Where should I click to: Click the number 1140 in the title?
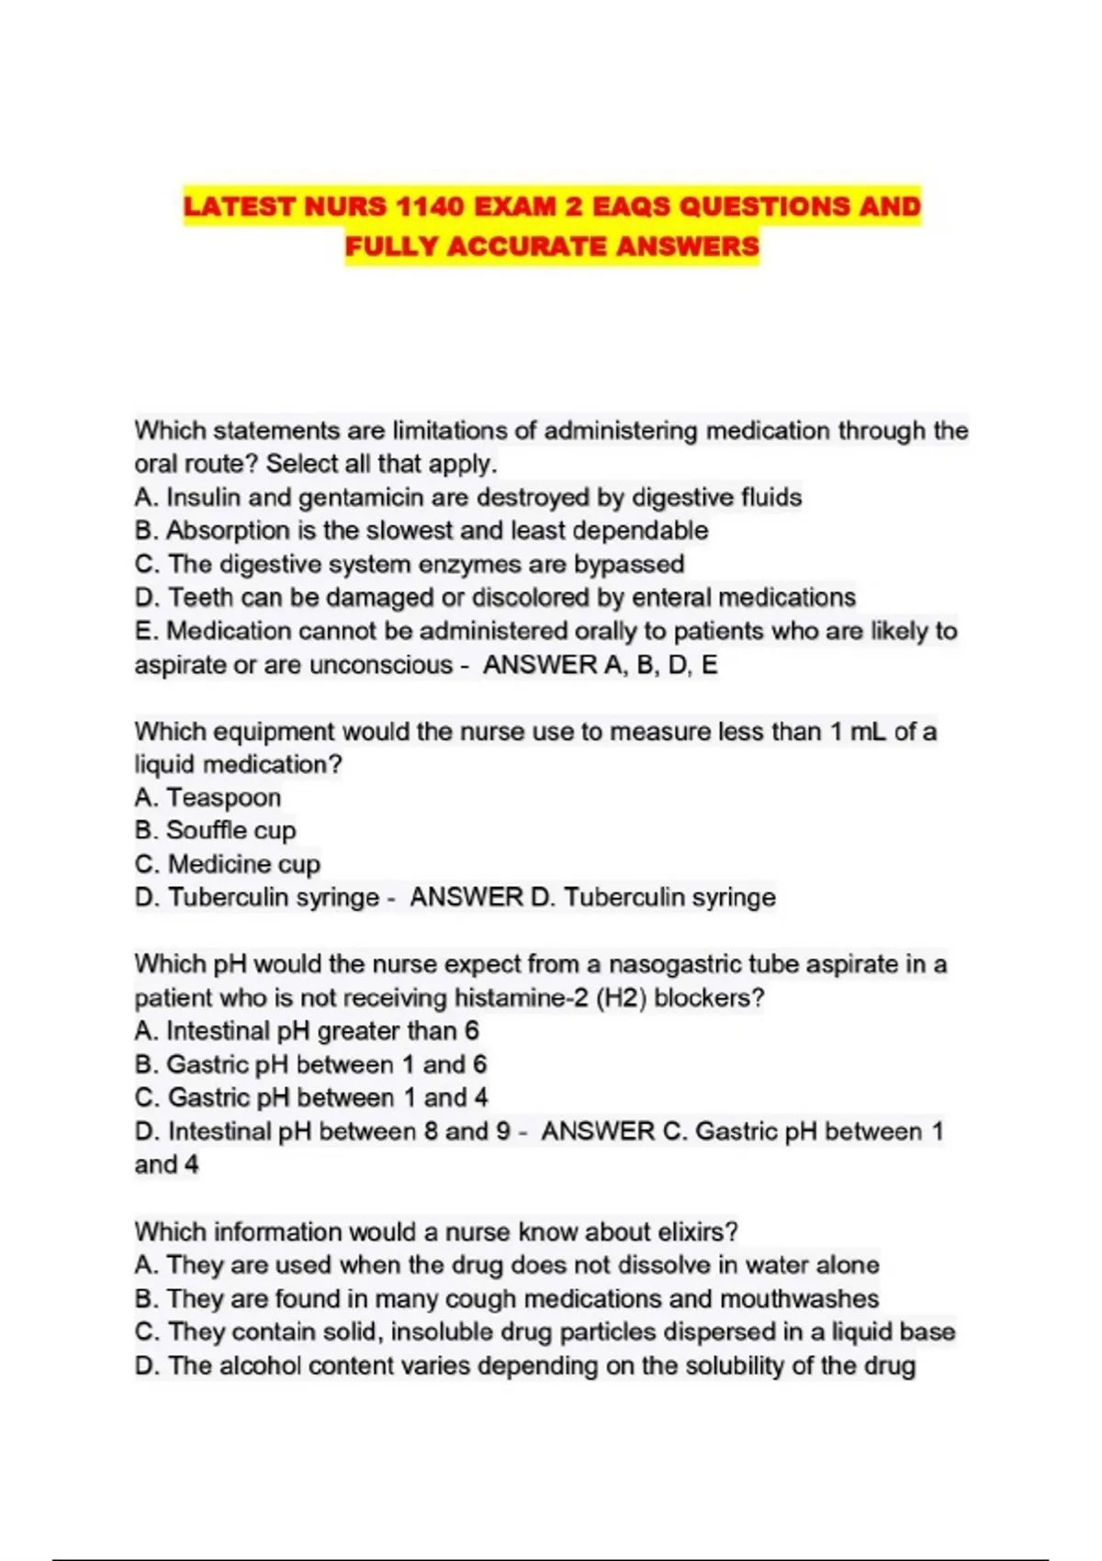[430, 207]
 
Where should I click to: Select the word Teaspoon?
[223, 798]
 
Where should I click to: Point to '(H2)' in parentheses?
[622, 998]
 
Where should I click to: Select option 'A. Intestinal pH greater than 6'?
[307, 1031]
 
